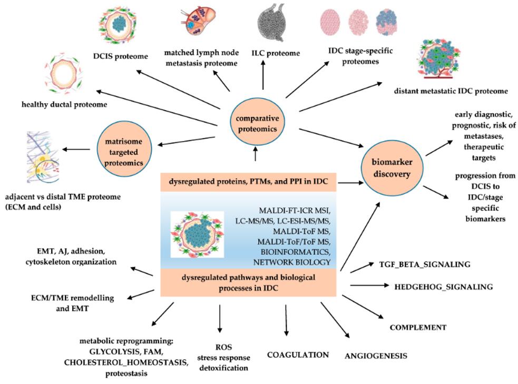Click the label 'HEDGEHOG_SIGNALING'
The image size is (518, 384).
[443, 287]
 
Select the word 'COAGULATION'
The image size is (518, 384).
[298, 355]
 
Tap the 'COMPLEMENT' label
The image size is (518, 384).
[418, 327]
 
